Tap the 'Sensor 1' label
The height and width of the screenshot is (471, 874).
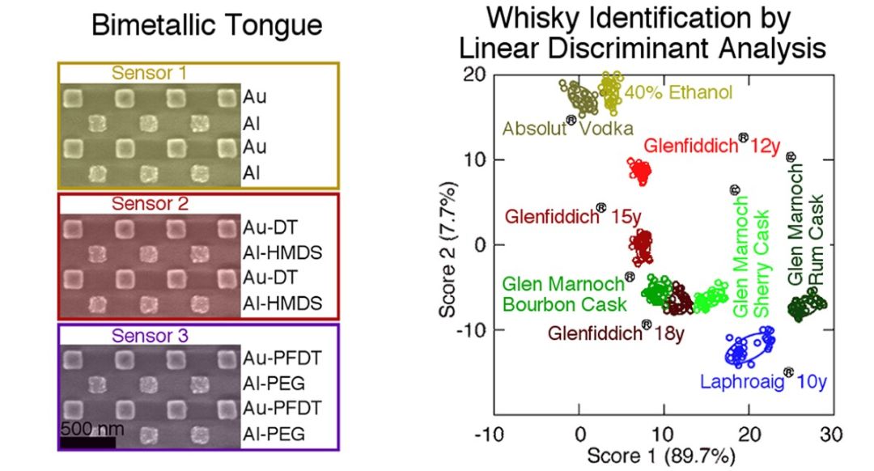pyautogui.click(x=149, y=73)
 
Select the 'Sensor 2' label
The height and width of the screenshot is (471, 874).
pyautogui.click(x=149, y=203)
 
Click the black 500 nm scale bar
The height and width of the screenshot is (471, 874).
pyautogui.click(x=87, y=440)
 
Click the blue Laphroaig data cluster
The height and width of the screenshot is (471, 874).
pyautogui.click(x=749, y=347)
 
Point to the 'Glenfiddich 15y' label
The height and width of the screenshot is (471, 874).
pyautogui.click(x=566, y=215)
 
